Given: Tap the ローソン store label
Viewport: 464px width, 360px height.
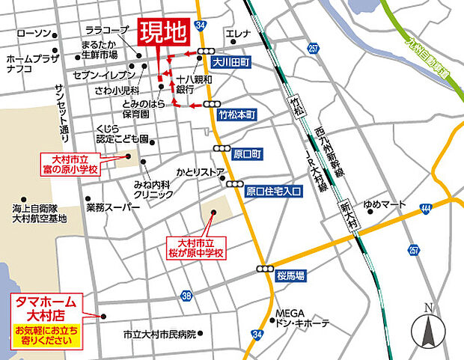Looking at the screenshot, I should [x=33, y=34].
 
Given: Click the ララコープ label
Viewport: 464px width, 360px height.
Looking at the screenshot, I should [x=107, y=31].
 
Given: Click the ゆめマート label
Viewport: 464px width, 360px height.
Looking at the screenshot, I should [x=384, y=204].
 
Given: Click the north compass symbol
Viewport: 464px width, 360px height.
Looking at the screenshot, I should [x=428, y=327].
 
